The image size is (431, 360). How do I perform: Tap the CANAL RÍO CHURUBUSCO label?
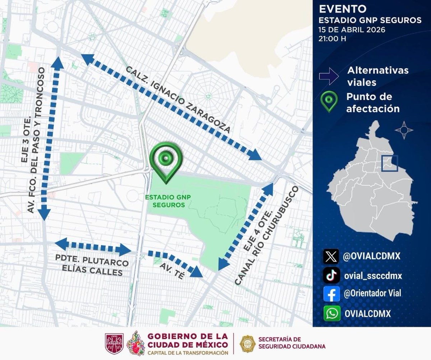point(268,236)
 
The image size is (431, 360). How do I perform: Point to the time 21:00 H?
point(332,39)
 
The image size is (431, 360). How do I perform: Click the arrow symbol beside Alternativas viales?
point(328,75)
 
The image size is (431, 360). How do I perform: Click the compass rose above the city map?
point(404,130)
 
